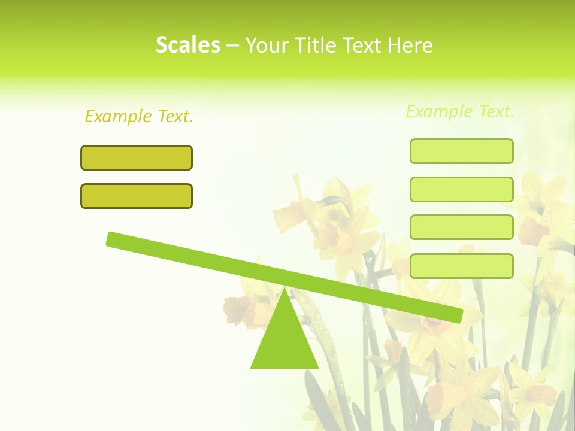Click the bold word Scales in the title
click(x=187, y=45)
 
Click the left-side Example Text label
click(x=139, y=116)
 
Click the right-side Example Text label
click(x=460, y=111)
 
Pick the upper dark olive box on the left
click(x=137, y=158)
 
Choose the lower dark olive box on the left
click(x=137, y=196)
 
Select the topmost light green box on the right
click(x=461, y=151)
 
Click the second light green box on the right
click(x=461, y=190)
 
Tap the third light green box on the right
click(x=461, y=227)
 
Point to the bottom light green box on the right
click(x=461, y=266)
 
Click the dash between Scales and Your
click(x=232, y=45)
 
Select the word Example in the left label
click(x=118, y=116)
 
